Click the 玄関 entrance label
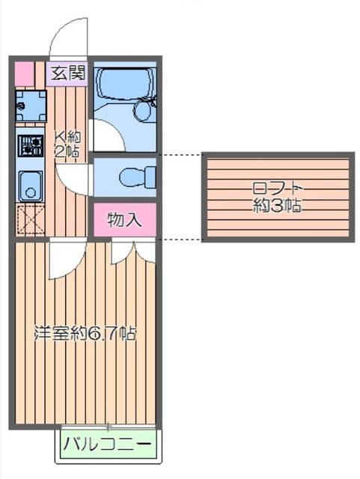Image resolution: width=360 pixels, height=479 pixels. pyautogui.click(x=67, y=73)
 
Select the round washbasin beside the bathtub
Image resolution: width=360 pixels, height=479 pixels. pyautogui.click(x=142, y=111)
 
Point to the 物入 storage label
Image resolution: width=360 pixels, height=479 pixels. pyautogui.click(x=124, y=220)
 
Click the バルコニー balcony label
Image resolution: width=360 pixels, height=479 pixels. pyautogui.click(x=107, y=445)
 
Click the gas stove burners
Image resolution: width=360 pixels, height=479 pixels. pyautogui.click(x=30, y=144)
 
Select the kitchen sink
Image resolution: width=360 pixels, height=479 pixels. pyautogui.click(x=30, y=184)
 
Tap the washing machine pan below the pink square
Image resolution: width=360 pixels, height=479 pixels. pyautogui.click(x=30, y=107)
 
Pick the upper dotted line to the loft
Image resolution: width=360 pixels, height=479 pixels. pyautogui.click(x=180, y=156)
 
